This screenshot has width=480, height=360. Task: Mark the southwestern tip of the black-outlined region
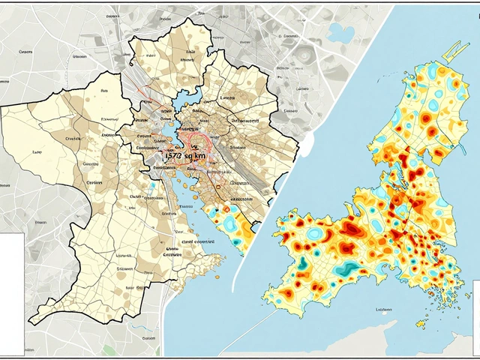(x=31, y=322)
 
